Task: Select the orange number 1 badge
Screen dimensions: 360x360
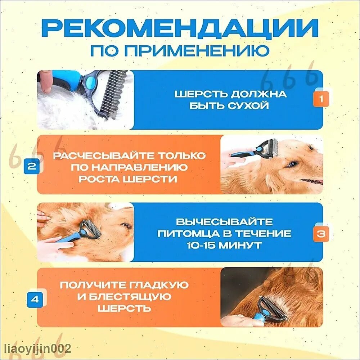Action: coord(321,99)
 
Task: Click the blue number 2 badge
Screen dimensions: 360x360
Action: coord(32,166)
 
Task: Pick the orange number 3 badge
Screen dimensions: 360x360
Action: coord(321,234)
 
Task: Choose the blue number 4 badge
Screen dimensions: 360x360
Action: coord(35,300)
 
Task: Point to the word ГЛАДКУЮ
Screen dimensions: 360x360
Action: coord(159,285)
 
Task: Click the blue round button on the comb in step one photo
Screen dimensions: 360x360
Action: coord(91,81)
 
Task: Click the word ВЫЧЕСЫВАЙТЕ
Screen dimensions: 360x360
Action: coord(224,222)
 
